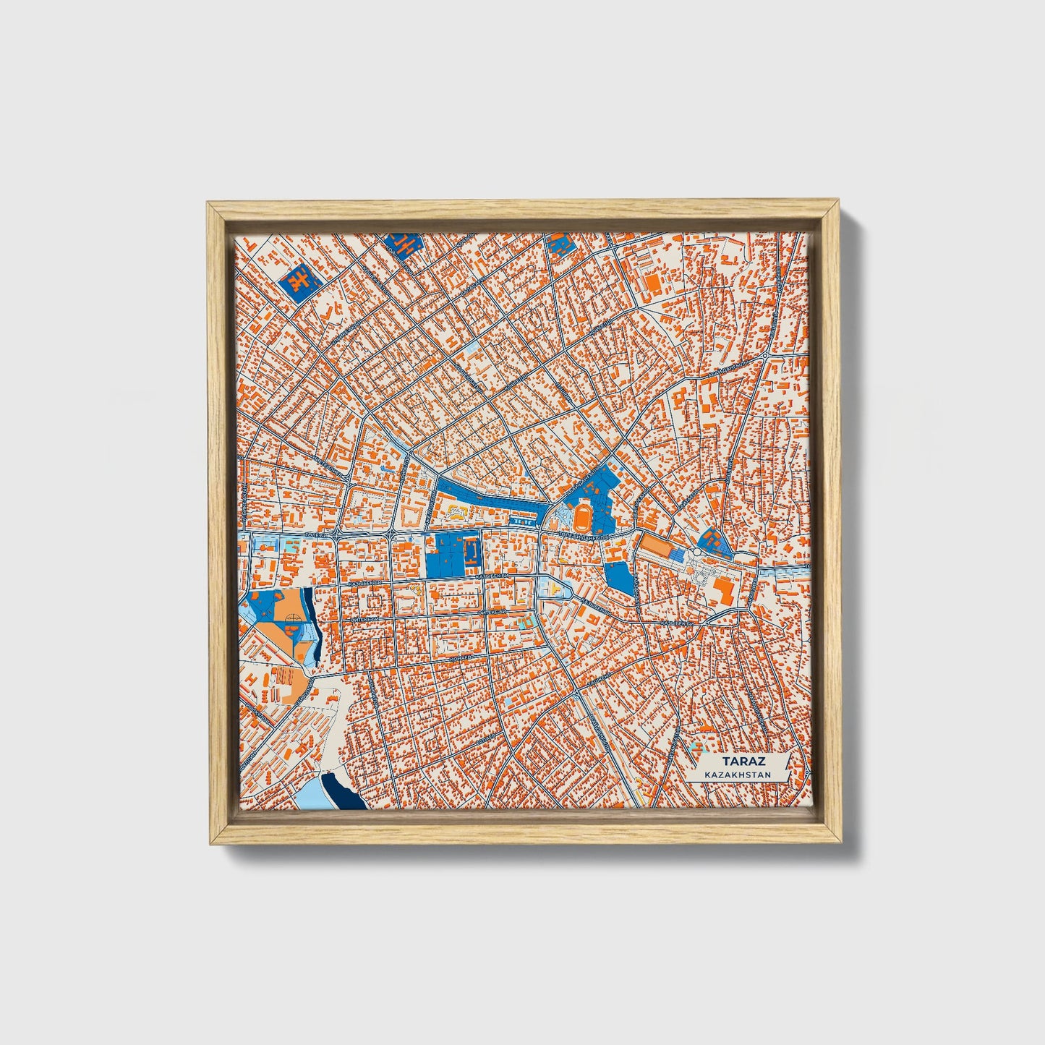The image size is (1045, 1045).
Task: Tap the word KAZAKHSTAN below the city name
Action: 738,775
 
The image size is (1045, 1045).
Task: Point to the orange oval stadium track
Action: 582,516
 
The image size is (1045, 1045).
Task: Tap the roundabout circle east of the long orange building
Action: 695,553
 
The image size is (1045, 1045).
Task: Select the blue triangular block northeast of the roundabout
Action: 713,539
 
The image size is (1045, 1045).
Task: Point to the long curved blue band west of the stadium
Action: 492,498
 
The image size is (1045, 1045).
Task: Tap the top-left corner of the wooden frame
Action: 210,205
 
